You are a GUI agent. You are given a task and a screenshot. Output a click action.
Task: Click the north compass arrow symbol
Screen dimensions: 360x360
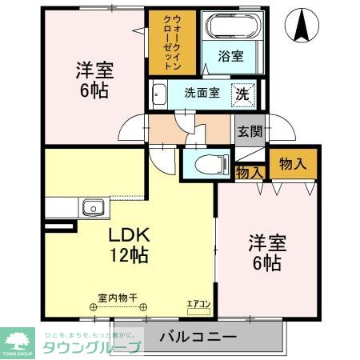click(302, 26)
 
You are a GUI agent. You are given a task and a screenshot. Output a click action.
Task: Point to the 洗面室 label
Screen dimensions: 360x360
click(202, 92)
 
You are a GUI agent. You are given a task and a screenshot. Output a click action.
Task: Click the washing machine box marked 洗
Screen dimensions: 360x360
click(243, 93)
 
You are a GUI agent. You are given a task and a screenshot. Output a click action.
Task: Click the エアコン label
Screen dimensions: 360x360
click(198, 304)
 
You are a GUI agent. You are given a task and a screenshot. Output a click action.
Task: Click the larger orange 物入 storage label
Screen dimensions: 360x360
click(291, 165)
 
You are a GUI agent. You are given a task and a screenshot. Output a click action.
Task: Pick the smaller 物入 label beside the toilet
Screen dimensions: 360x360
click(249, 171)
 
